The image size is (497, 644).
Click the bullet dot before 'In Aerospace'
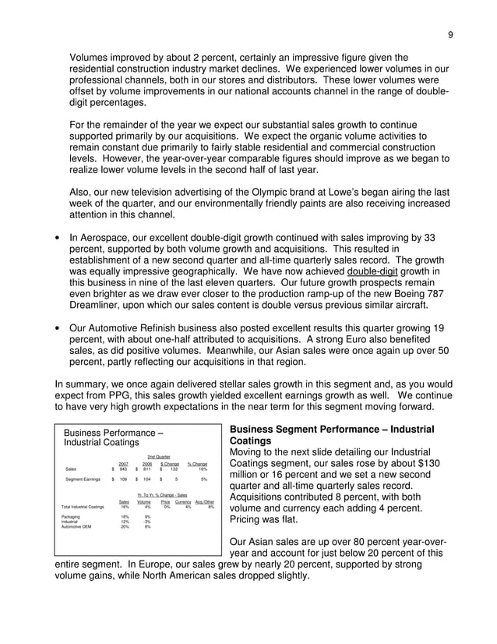click(x=59, y=235)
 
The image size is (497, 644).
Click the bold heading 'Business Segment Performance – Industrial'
click(x=331, y=430)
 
